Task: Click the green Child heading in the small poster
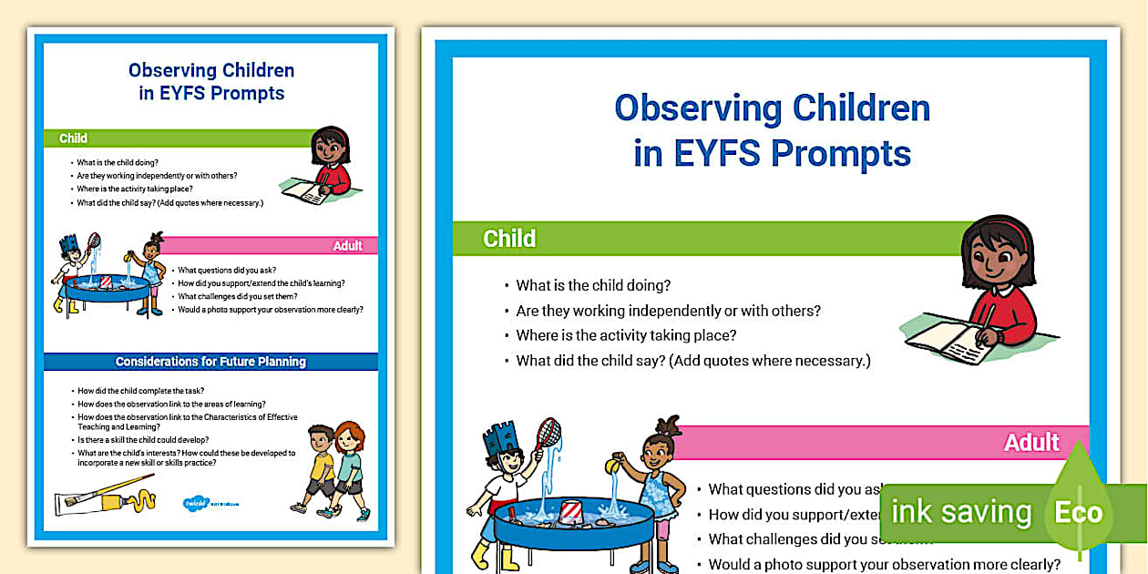click(x=73, y=138)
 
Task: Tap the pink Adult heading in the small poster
click(x=347, y=246)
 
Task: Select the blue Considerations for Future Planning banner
click(x=210, y=362)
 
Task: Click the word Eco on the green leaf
click(x=1078, y=512)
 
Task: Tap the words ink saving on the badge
click(x=961, y=512)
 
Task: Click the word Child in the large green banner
click(x=509, y=239)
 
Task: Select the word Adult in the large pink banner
click(x=1031, y=443)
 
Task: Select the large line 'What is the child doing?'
click(x=593, y=285)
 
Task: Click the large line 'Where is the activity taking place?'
click(x=626, y=335)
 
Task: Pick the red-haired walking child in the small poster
click(x=349, y=465)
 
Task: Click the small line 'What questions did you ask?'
click(x=227, y=270)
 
